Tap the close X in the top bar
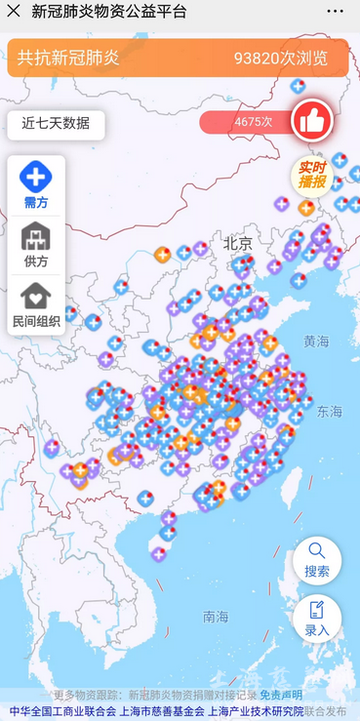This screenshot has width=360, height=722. pos(14,12)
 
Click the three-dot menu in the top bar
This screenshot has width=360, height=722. pos(335,12)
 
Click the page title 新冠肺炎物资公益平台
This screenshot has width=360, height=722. pos(109,12)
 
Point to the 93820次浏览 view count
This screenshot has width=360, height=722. pos(281,58)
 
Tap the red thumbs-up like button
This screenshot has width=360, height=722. pos(312,121)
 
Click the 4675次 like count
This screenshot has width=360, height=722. pos(253,122)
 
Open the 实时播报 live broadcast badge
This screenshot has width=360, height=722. pos(312,175)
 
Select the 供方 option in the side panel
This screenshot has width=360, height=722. pos(36,245)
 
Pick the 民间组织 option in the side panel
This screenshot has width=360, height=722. pos(36,304)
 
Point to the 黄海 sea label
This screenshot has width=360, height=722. pos(316,341)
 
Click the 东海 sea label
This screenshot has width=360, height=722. pos(329,413)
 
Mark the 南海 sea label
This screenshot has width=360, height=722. pos(216,617)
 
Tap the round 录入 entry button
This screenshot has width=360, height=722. pos(317,619)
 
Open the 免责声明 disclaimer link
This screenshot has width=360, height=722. pos(281,695)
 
